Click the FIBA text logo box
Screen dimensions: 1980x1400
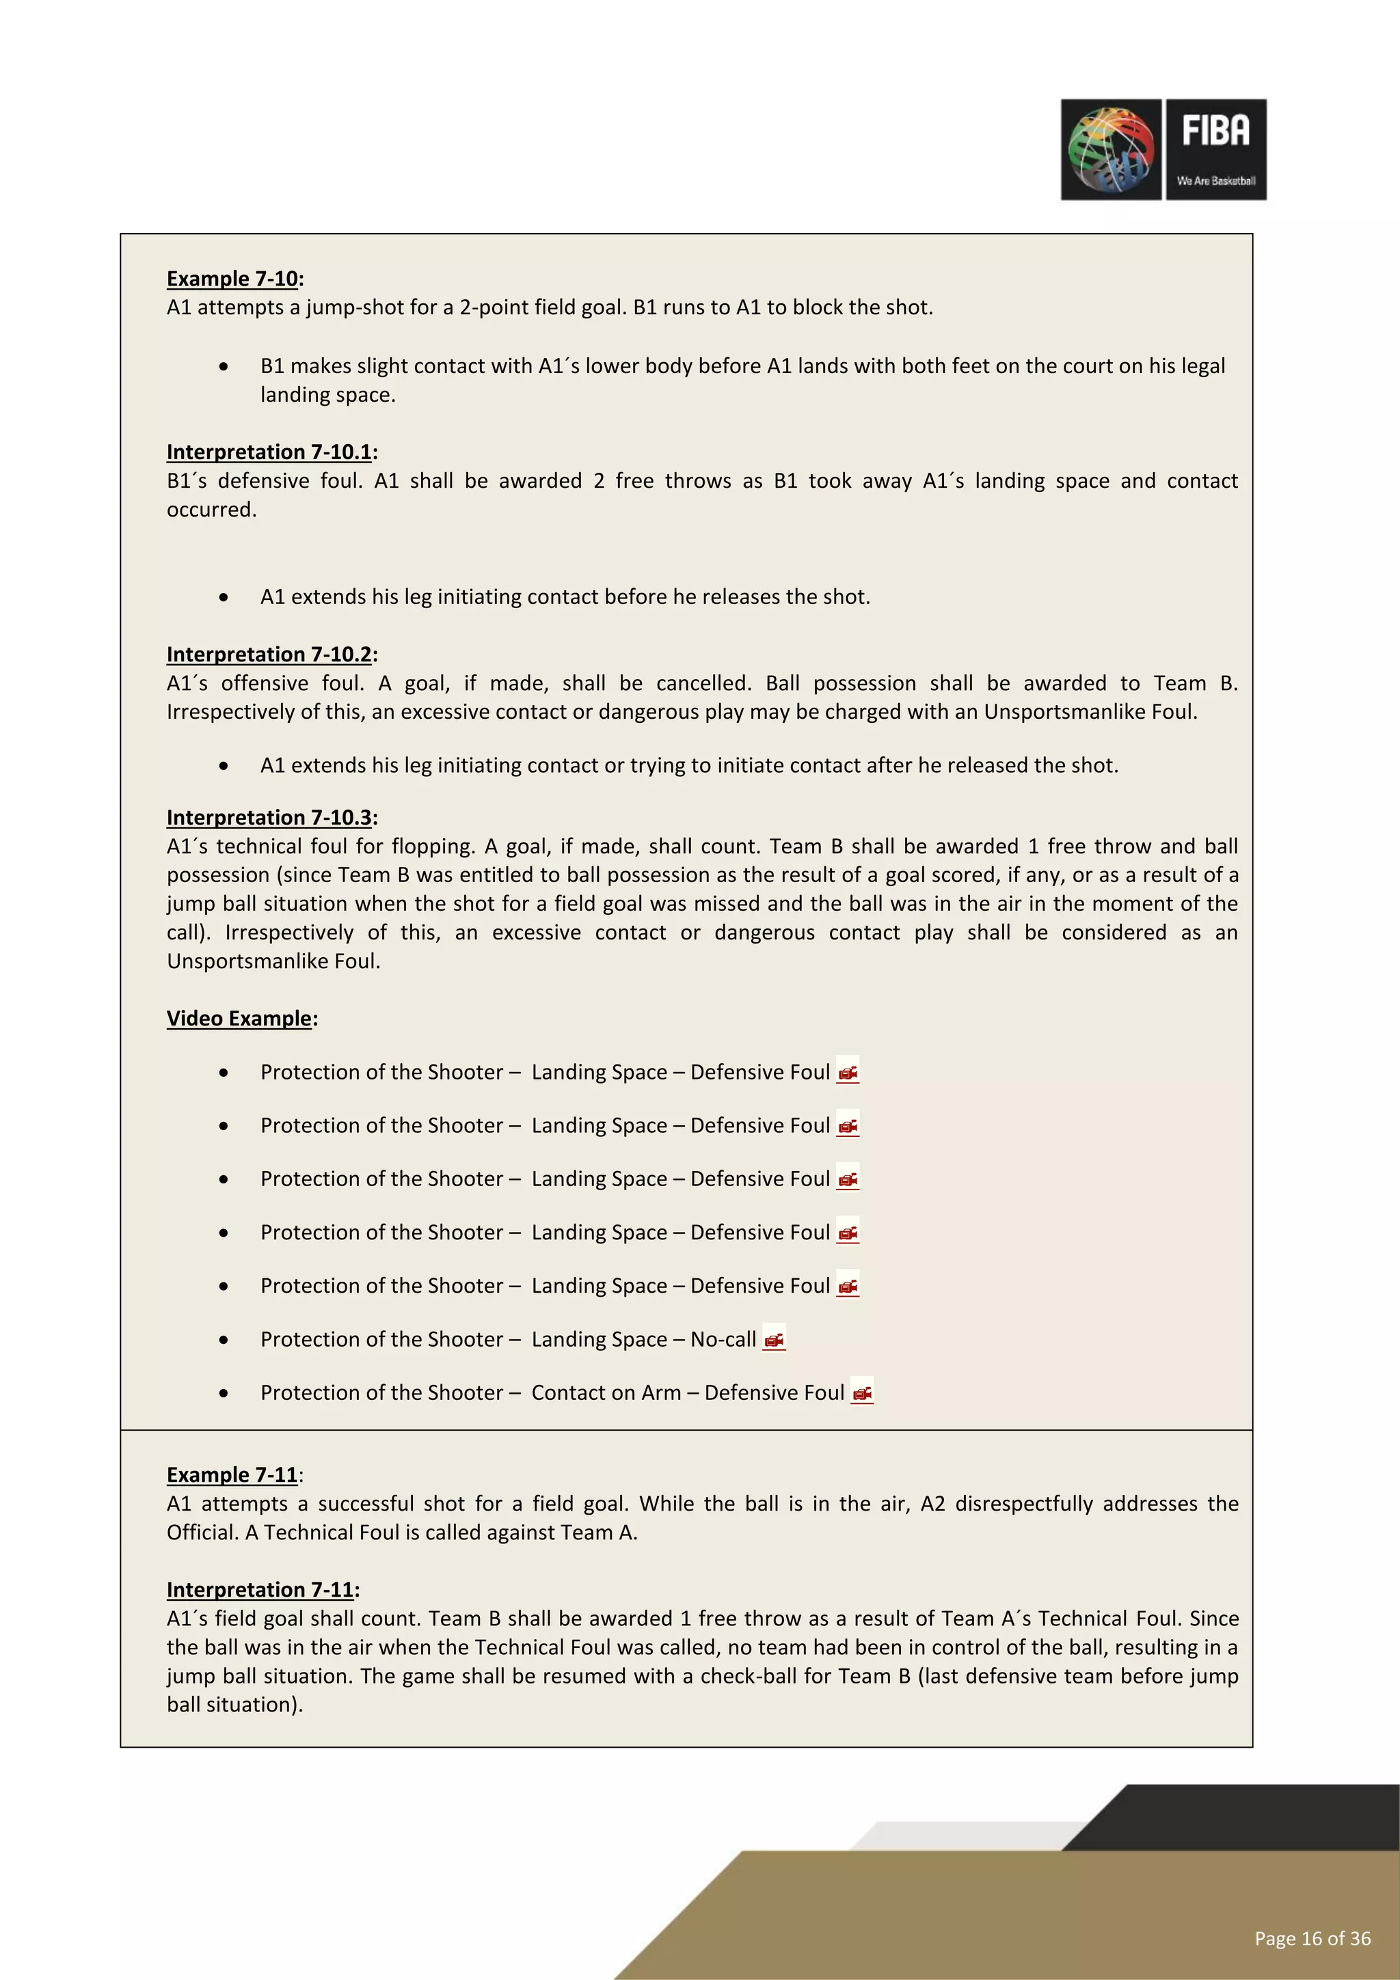(x=1215, y=149)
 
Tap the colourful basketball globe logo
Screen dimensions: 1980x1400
(x=1111, y=149)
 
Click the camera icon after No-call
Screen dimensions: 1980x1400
(x=774, y=1339)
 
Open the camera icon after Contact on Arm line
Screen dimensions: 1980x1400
(x=862, y=1392)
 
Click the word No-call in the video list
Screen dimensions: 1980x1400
(x=723, y=1339)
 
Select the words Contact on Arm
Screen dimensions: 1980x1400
(x=606, y=1392)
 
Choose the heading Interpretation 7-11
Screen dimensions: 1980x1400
(x=260, y=1589)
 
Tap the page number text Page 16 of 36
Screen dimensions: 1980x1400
(x=1311, y=1938)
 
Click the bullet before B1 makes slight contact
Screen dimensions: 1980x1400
(x=224, y=366)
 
